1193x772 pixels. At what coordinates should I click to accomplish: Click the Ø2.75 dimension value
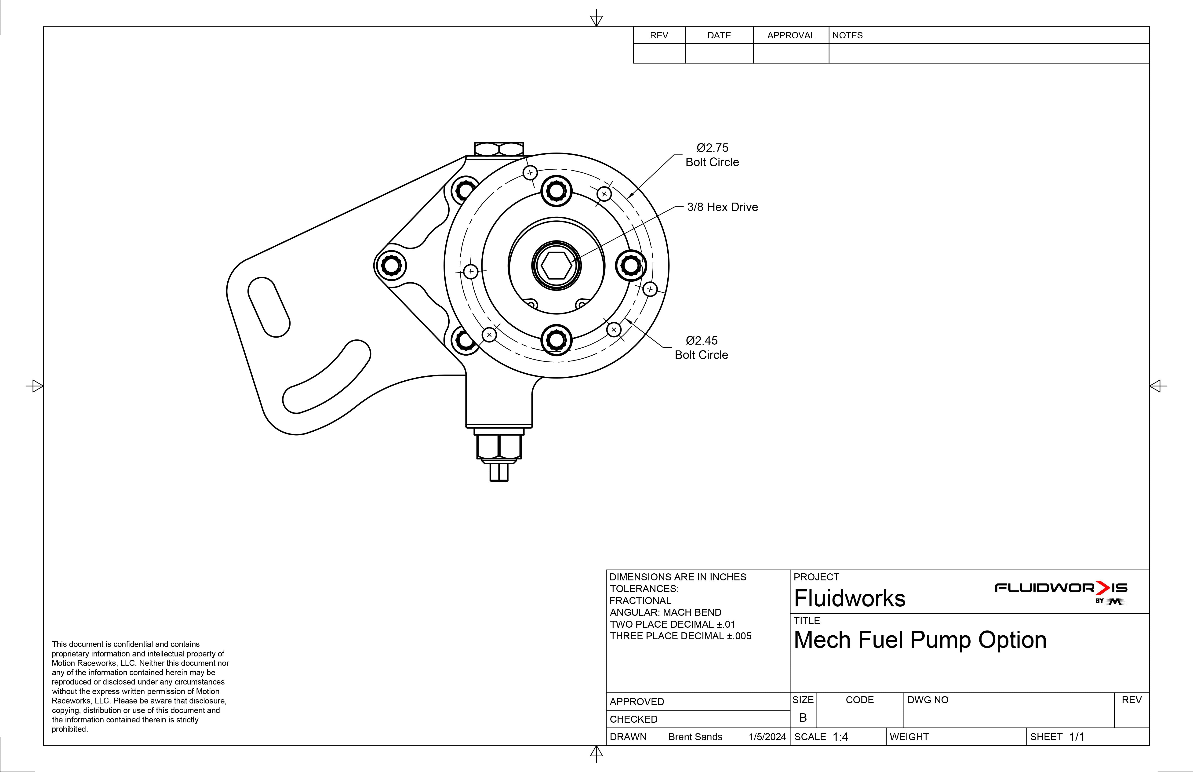pyautogui.click(x=712, y=148)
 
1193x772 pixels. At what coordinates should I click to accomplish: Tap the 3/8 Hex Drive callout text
pyautogui.click(x=722, y=207)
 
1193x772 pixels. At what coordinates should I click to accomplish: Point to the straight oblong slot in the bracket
pyautogui.click(x=269, y=307)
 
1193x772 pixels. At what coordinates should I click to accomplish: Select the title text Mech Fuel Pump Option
pyautogui.click(x=920, y=640)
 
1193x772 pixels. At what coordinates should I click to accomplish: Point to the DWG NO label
pyautogui.click(x=927, y=700)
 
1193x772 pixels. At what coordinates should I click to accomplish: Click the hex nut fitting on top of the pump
pyautogui.click(x=499, y=149)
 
